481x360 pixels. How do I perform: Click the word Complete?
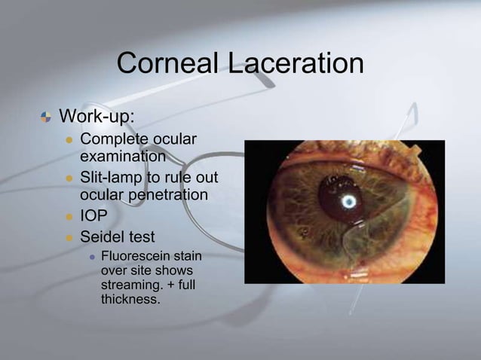coord(113,140)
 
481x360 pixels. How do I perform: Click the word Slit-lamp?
coord(113,179)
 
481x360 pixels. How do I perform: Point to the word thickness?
coord(130,300)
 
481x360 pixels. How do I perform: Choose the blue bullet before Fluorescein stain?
coord(91,258)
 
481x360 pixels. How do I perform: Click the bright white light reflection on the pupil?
coord(349,201)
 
